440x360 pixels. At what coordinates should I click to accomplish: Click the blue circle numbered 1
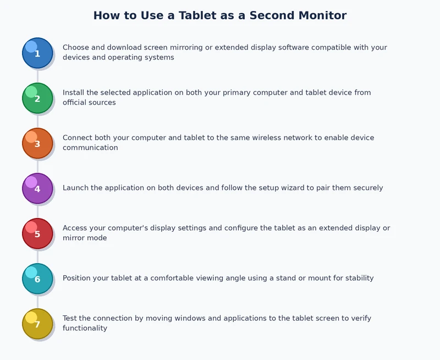tap(37, 53)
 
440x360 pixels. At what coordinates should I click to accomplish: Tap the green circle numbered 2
tap(37, 99)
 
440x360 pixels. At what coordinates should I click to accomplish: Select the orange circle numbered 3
tap(37, 144)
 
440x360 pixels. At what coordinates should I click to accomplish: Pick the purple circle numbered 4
tap(37, 189)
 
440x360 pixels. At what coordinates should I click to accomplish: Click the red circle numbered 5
tap(37, 234)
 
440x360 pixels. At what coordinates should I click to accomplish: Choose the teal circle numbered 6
tap(37, 279)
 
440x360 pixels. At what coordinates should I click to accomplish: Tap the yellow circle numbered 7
tap(37, 324)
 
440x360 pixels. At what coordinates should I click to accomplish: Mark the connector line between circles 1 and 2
tap(37, 76)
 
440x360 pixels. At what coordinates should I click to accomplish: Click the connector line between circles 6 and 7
tap(37, 302)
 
